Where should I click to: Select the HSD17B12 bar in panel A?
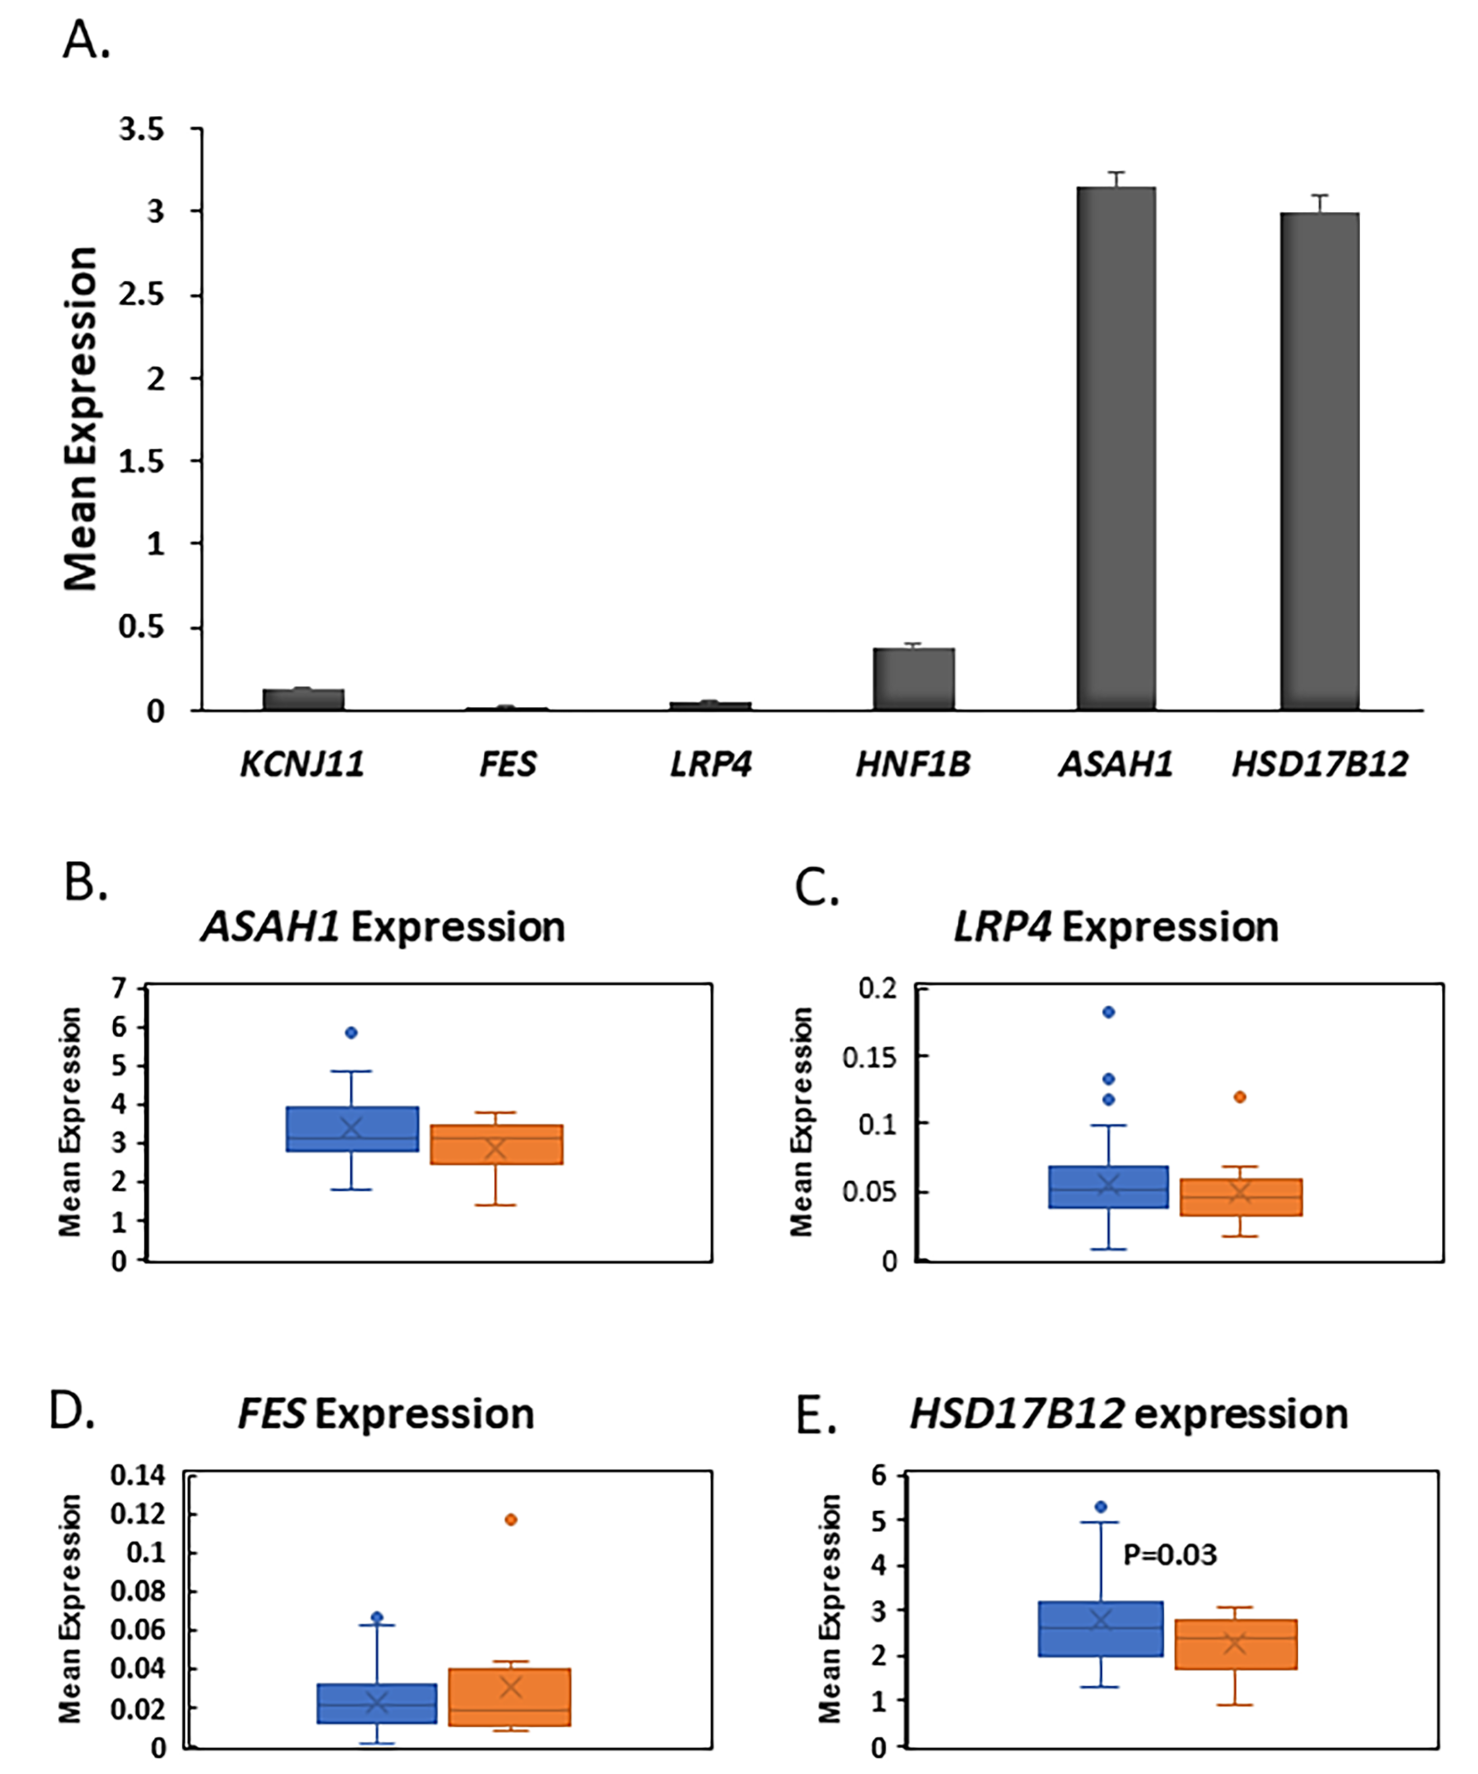[x=1319, y=460]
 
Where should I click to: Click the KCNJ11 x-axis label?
[x=302, y=764]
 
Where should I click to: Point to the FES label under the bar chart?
[x=507, y=764]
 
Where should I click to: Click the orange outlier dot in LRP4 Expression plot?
[x=1240, y=1097]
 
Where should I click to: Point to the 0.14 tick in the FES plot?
[x=138, y=1475]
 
